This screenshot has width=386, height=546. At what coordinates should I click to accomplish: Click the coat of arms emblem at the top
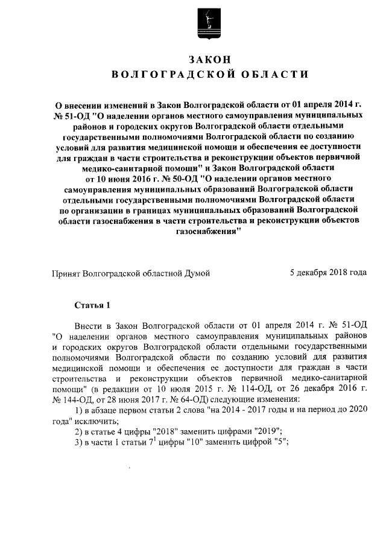[209, 22]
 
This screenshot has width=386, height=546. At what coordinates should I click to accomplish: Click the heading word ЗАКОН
[209, 59]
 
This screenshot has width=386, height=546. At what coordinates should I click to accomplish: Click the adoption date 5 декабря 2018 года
[328, 273]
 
